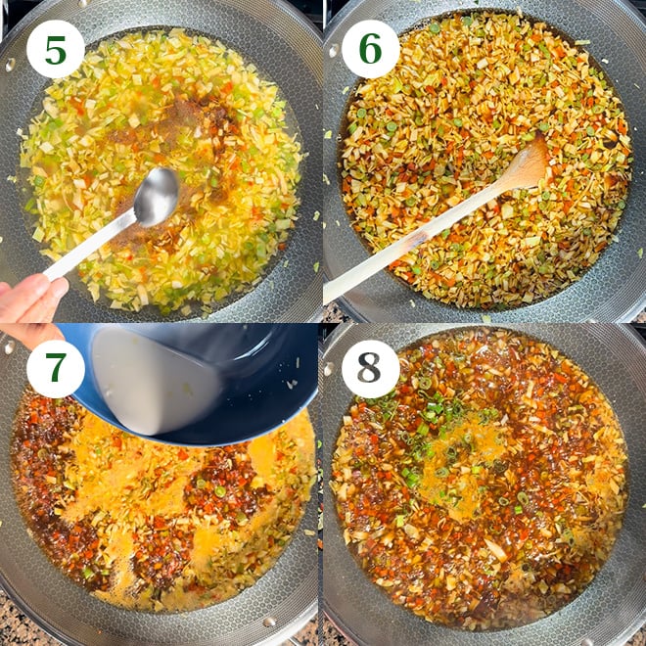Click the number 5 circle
(x=55, y=49)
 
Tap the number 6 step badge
(x=370, y=49)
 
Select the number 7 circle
(x=55, y=368)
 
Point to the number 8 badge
(x=370, y=368)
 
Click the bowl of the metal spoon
(x=156, y=197)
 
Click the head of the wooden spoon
(x=524, y=166)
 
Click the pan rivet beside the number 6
(x=334, y=50)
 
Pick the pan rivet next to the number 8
(x=330, y=368)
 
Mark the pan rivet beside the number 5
(x=10, y=64)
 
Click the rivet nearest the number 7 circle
(x=10, y=346)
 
